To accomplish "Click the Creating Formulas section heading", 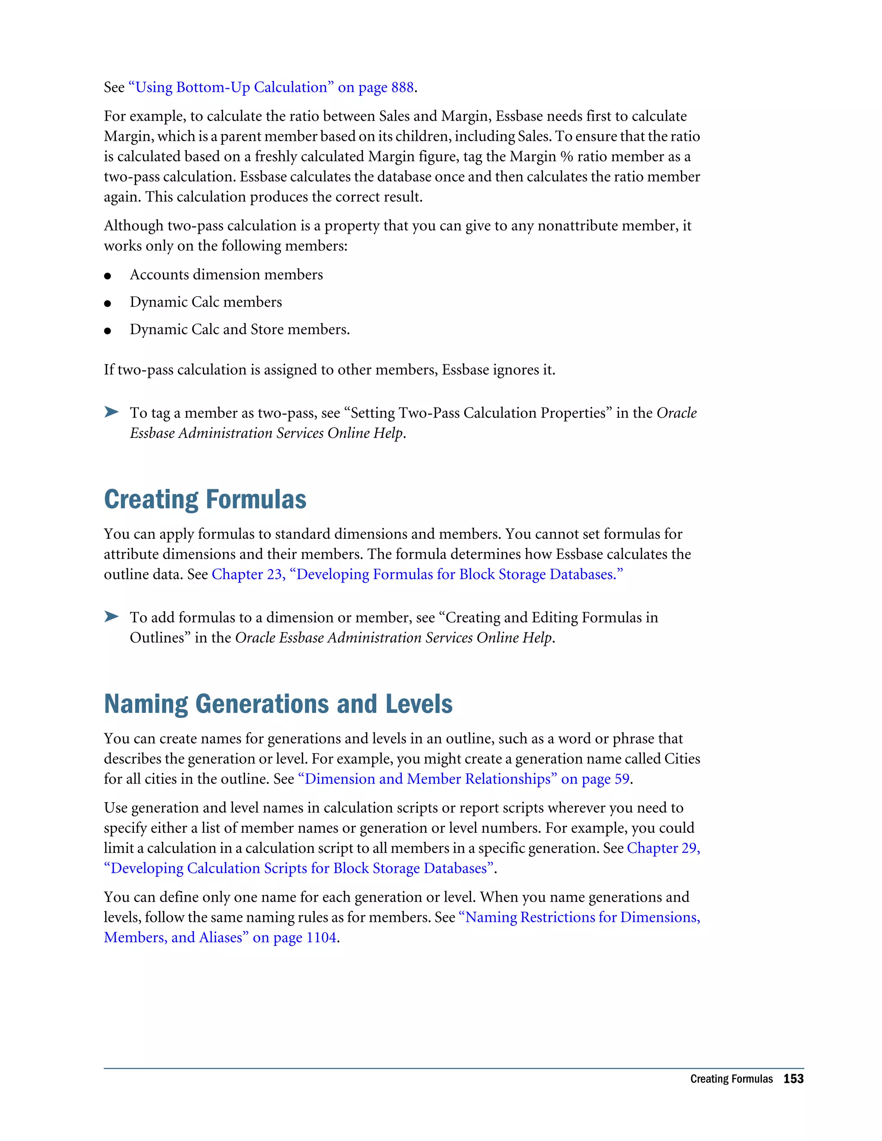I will point(205,499).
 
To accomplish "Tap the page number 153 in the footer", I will point(793,1079).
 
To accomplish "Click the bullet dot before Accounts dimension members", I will point(108,276).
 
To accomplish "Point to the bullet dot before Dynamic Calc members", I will point(108,303).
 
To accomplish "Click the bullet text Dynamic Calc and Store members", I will point(239,330).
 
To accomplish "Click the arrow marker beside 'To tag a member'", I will point(111,412).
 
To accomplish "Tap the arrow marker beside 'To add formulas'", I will point(111,617).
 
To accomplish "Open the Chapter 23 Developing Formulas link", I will point(417,574).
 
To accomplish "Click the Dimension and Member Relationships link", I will point(463,779).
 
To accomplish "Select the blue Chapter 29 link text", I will point(663,848).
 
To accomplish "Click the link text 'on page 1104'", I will point(294,937).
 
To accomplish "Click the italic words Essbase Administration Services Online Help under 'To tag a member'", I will point(267,433).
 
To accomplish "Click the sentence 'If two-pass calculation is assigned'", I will point(329,370).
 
